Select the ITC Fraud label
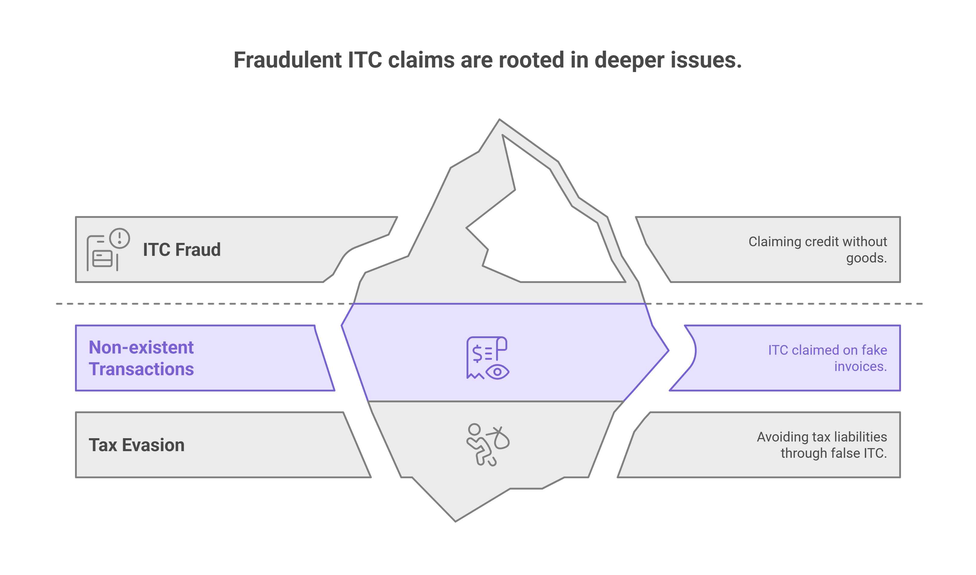pyautogui.click(x=182, y=250)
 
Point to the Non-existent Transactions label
pyautogui.click(x=141, y=358)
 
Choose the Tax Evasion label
pyautogui.click(x=136, y=445)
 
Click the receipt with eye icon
pyautogui.click(x=488, y=358)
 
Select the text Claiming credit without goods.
pyautogui.click(x=817, y=250)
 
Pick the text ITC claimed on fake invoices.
pyautogui.click(x=827, y=358)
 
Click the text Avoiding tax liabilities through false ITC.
pyautogui.click(x=822, y=445)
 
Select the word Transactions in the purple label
pyautogui.click(x=141, y=369)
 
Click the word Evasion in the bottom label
pyautogui.click(x=153, y=445)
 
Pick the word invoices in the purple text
pyautogui.click(x=860, y=366)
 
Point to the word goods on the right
pyautogui.click(x=866, y=258)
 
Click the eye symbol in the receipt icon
pyautogui.click(x=497, y=372)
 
